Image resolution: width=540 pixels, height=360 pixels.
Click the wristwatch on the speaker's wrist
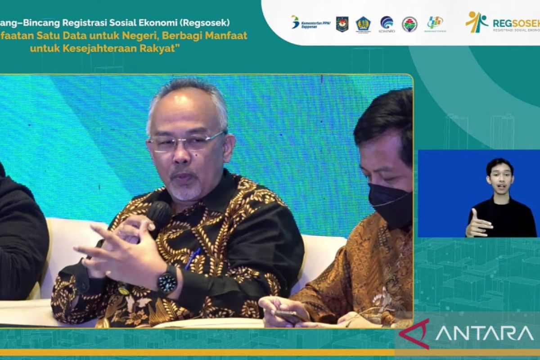[167, 279]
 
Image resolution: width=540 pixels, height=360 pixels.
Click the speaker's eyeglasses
[186, 142]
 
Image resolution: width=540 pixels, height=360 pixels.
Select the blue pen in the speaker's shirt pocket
[193, 259]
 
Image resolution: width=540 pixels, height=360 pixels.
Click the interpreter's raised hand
[476, 223]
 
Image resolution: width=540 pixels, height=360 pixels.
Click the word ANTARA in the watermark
[484, 333]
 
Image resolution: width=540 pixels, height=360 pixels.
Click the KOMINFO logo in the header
[387, 24]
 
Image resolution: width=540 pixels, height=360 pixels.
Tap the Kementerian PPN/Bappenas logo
[310, 22]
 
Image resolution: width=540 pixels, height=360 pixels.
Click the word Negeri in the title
[144, 35]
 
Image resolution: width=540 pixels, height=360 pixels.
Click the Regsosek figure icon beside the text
[477, 22]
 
